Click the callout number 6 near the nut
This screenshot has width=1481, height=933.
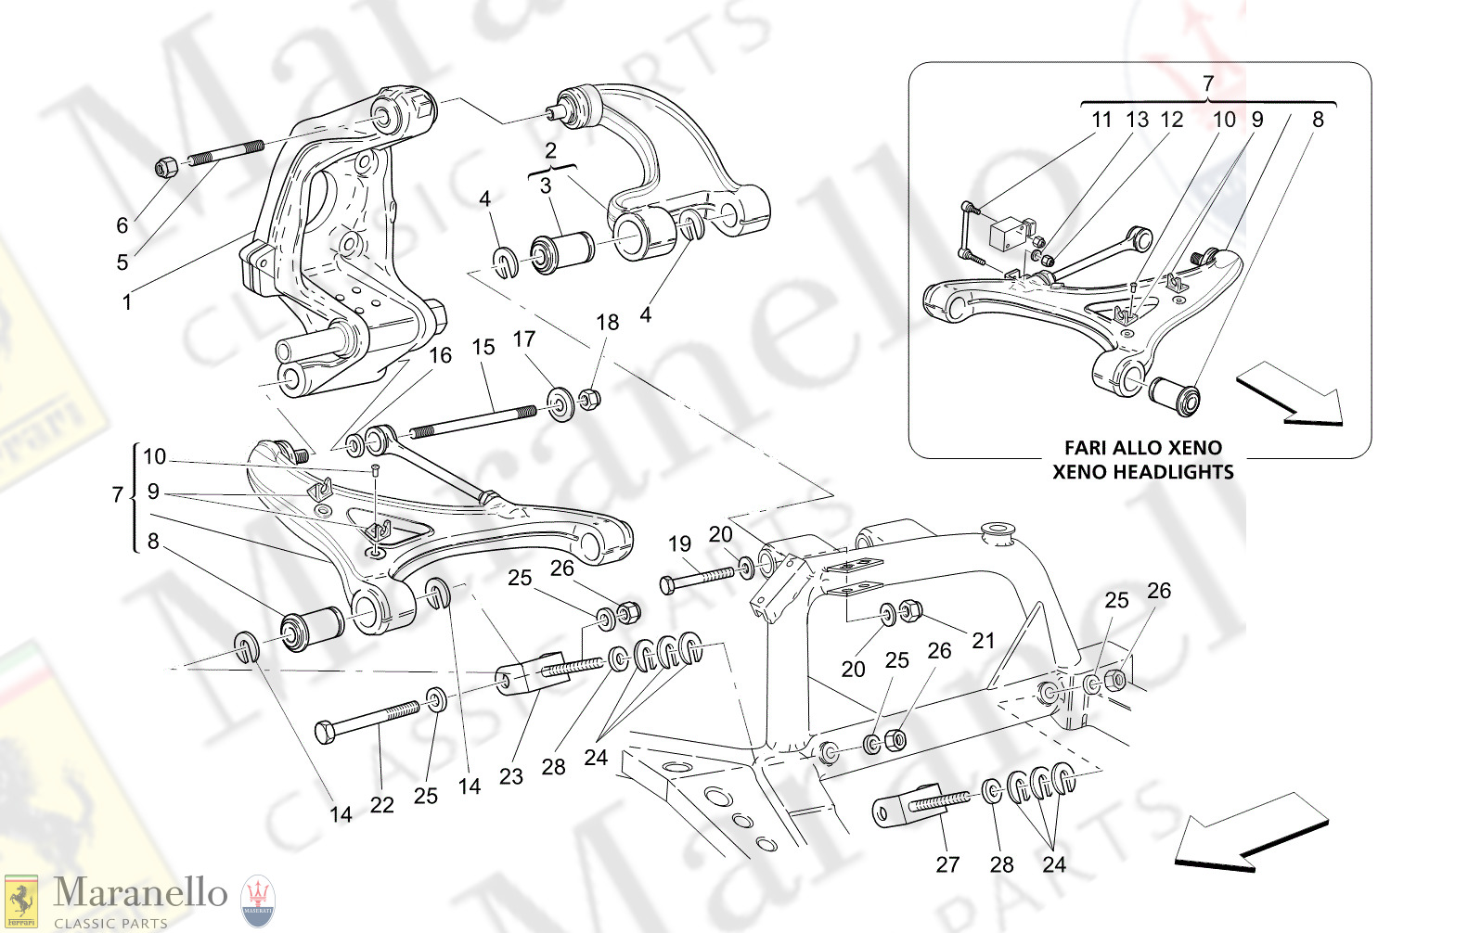(x=122, y=225)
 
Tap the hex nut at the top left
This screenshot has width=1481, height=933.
(x=165, y=167)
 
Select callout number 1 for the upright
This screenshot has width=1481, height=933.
(x=126, y=302)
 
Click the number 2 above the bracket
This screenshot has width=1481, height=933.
(x=550, y=150)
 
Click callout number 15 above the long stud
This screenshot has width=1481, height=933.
(x=483, y=347)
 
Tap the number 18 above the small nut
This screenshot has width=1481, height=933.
(x=607, y=322)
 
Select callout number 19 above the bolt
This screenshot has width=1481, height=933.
(x=679, y=544)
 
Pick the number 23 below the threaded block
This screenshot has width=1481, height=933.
(x=510, y=776)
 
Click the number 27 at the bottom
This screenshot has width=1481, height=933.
(x=947, y=864)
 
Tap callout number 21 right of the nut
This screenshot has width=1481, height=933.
(x=983, y=640)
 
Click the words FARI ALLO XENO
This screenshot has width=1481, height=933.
(x=1142, y=447)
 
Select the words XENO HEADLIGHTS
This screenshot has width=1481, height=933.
(x=1142, y=471)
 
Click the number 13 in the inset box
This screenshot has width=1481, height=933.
(x=1137, y=120)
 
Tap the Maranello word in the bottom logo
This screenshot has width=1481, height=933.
(x=140, y=892)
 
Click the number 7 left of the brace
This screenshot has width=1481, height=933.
(x=118, y=494)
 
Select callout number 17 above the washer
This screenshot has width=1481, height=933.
(x=523, y=339)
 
